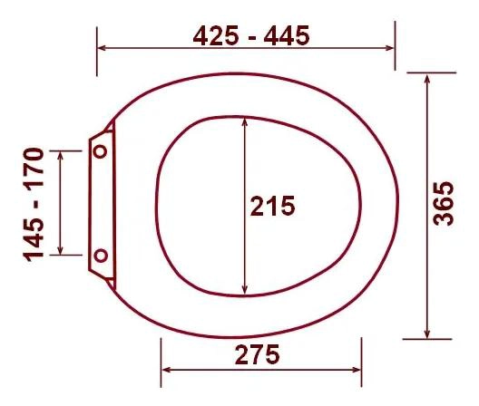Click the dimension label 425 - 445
[251, 35]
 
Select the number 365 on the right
[444, 204]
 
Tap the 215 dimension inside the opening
[272, 206]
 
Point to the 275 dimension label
[258, 354]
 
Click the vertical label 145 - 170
[34, 205]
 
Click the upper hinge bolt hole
[100, 151]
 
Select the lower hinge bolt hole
[101, 256]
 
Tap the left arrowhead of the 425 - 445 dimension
[102, 48]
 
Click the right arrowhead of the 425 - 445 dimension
[390, 48]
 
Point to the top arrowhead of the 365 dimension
[427, 79]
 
